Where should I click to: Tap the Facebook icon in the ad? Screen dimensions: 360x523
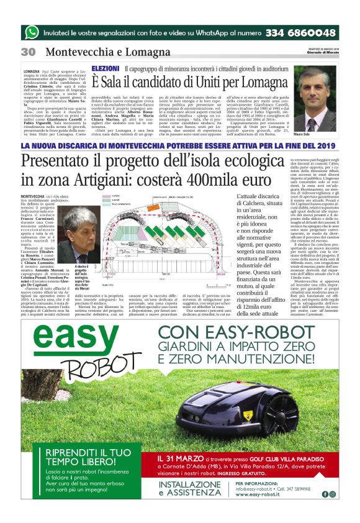[x=324, y=494]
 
